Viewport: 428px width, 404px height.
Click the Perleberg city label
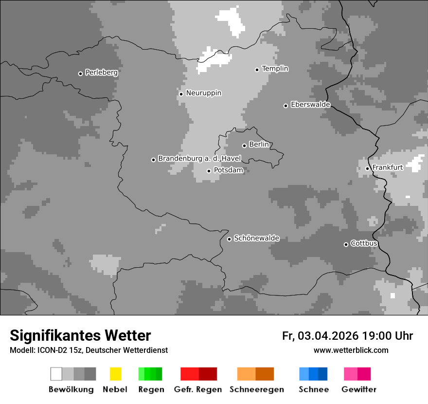101,73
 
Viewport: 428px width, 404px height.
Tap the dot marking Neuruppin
181,94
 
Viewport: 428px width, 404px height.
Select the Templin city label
275,69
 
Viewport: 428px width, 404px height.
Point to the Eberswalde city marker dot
285,106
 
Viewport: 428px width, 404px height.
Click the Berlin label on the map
259,145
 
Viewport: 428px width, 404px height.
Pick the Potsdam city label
228,170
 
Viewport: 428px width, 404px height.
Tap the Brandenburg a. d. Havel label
199,159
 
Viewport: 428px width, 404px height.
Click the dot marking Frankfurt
367,169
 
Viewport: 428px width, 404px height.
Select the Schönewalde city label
256,239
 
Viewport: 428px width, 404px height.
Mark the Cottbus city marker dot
346,244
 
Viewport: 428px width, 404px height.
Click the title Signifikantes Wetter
80,335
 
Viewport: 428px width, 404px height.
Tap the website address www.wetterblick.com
351,350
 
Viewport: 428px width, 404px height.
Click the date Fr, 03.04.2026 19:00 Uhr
347,336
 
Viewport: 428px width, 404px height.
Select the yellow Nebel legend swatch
115,374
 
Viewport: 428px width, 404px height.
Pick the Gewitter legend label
358,389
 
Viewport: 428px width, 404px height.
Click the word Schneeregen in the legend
256,389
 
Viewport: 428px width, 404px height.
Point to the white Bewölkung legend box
56,374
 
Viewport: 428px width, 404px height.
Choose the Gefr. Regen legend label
198,389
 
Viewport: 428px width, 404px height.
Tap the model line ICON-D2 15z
89,350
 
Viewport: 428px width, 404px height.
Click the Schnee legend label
313,389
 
